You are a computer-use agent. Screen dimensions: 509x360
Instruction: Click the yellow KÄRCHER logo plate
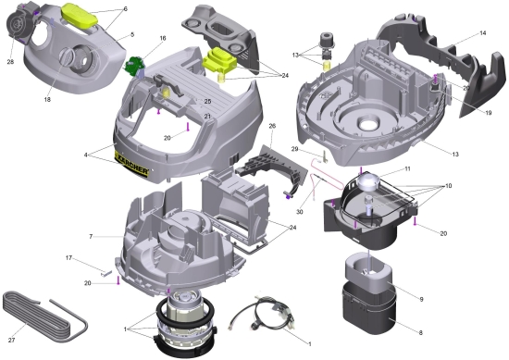click(131, 165)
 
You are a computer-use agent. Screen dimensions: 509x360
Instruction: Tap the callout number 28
click(10, 62)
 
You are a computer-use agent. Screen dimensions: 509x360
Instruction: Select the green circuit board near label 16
click(134, 65)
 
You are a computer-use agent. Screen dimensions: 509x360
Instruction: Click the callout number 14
click(483, 33)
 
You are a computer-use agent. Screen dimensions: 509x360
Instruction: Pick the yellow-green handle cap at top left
click(80, 15)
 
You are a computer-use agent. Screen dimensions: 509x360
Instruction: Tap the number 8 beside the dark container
click(421, 333)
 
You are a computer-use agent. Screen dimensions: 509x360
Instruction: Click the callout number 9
click(422, 299)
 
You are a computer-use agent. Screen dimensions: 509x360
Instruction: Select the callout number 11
click(407, 168)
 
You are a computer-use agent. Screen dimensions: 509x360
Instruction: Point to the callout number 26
click(272, 126)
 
